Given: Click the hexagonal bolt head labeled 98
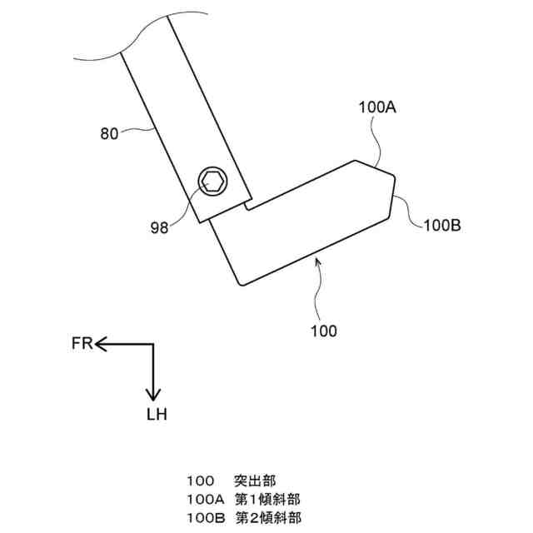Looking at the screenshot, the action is point(212,180).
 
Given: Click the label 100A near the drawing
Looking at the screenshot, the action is point(377,107).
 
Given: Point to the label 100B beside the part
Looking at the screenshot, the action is point(443,224).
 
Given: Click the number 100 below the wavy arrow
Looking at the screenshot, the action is point(323,331).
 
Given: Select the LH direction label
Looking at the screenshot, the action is point(155,414).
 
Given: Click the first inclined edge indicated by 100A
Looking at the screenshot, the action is point(373,166).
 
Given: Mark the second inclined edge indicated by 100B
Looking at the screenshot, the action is point(391,196).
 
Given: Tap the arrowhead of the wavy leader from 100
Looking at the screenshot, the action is point(315,261).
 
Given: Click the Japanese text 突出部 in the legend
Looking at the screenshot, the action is point(256,481).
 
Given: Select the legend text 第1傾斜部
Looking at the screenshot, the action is point(267,499).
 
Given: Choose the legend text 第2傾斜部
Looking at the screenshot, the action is point(267,517).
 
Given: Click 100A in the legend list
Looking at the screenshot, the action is point(207,499).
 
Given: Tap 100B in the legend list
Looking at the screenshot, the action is point(207,517).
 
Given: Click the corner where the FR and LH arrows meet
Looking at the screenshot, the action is point(153,343).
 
